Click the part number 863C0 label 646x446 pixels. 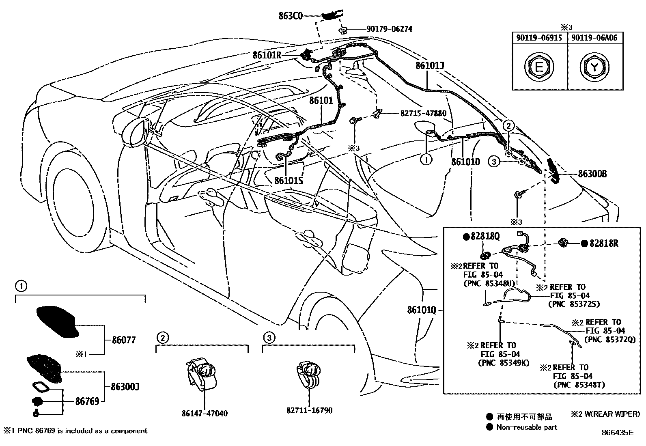[291, 16]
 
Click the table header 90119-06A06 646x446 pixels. [594, 38]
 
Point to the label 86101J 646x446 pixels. [430, 65]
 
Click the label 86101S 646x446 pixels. [289, 180]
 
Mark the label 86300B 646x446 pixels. [592, 174]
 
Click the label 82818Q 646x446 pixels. [484, 236]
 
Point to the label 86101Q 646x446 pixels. [422, 310]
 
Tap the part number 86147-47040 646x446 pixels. [205, 414]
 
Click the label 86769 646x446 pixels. [87, 401]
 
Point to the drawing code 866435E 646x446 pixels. [617, 432]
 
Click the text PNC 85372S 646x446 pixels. [574, 304]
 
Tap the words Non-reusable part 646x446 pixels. [527, 427]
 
